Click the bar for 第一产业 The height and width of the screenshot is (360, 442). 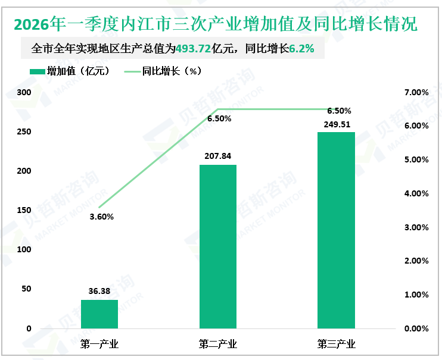click(x=99, y=314)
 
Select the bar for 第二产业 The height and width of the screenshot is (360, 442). click(x=217, y=246)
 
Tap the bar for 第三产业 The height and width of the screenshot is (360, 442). click(x=336, y=230)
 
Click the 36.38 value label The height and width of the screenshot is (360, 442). click(x=99, y=292)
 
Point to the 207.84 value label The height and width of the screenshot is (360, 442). click(x=217, y=156)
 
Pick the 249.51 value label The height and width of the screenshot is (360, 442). click(x=336, y=124)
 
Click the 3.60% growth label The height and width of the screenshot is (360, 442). click(x=101, y=217)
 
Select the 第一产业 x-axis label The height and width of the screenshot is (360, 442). click(x=99, y=344)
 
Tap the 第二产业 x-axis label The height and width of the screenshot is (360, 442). click(x=217, y=344)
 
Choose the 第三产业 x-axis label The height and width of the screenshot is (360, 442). click(x=336, y=344)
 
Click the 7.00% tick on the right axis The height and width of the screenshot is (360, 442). click(x=416, y=93)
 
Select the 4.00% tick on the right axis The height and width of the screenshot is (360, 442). click(x=416, y=193)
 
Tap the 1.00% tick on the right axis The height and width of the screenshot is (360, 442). click(x=416, y=295)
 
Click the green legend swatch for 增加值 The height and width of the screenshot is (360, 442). click(x=36, y=71)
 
